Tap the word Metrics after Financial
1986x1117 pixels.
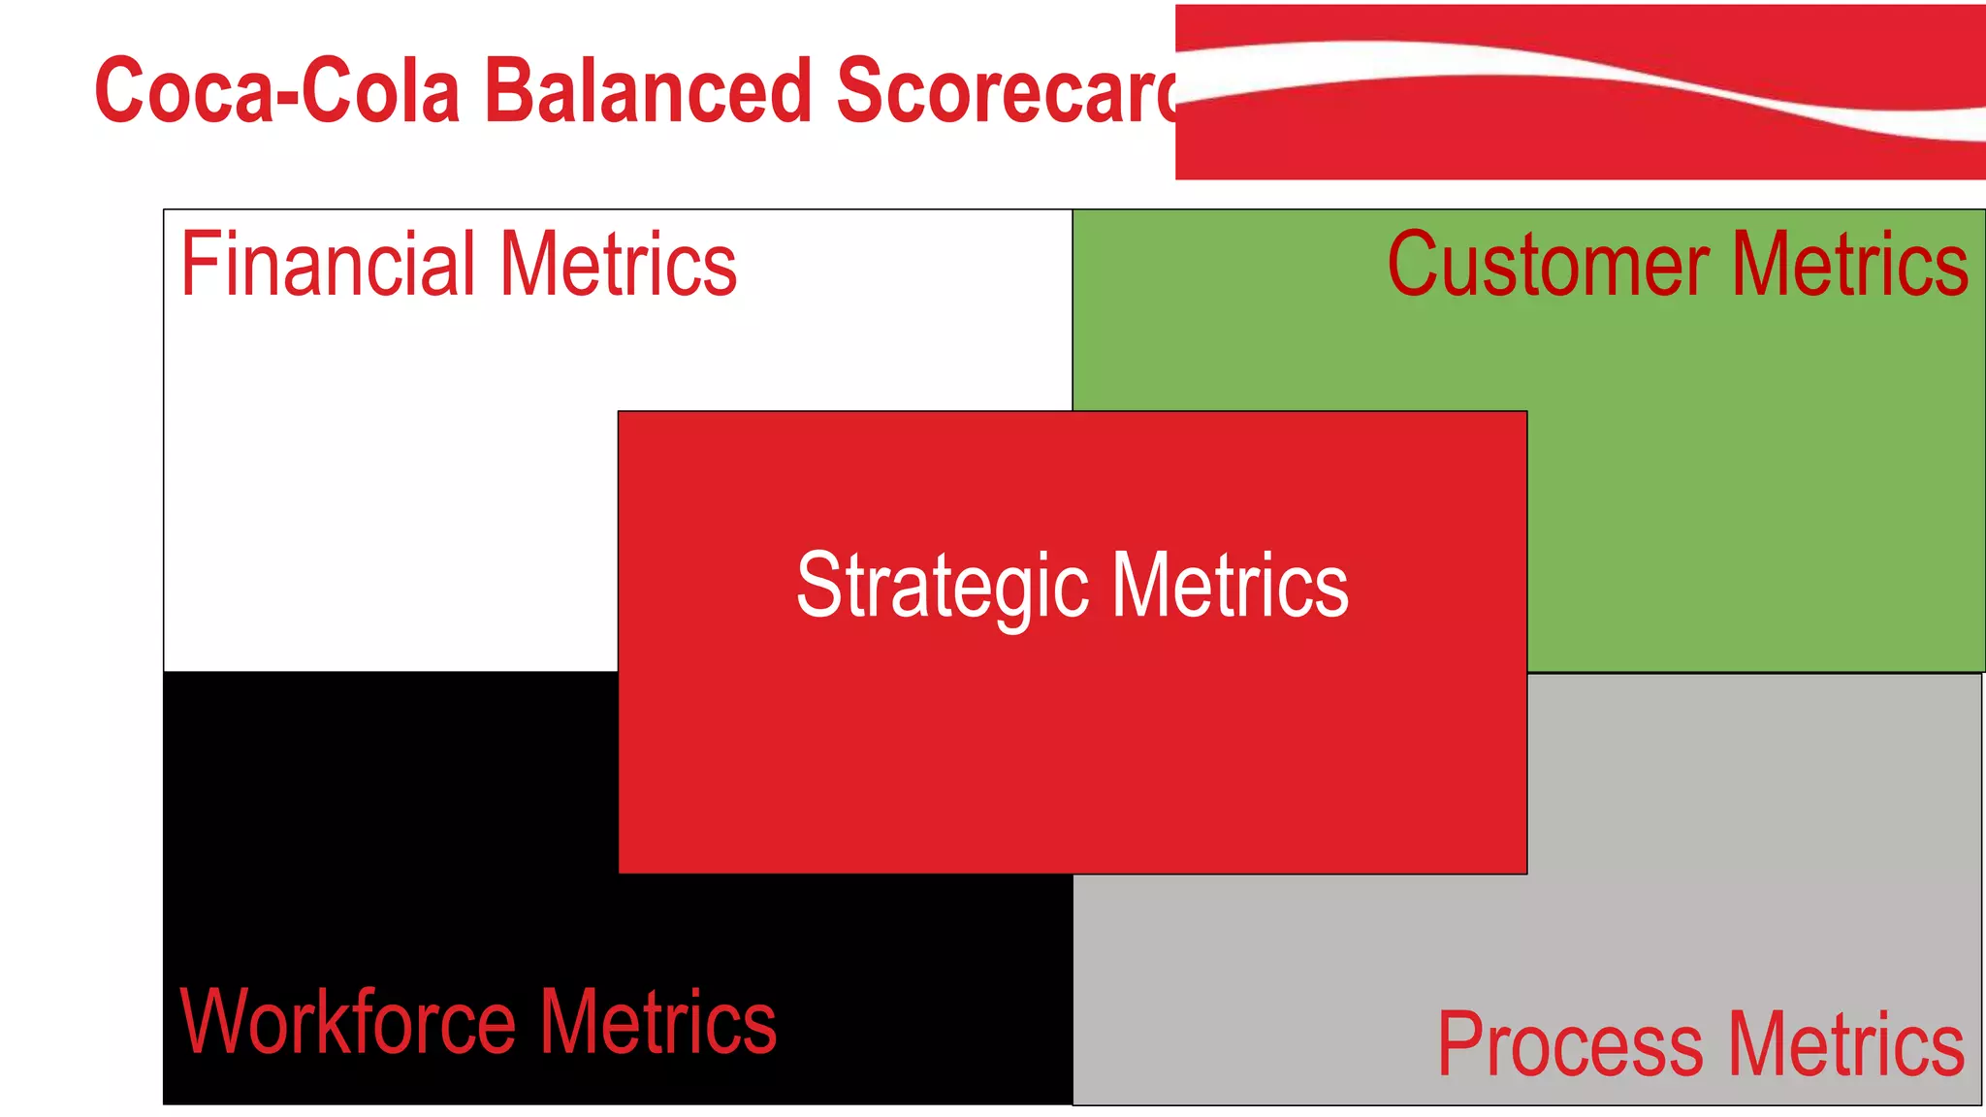coord(619,264)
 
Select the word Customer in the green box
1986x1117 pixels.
coord(1548,264)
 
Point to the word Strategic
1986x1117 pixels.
coord(943,586)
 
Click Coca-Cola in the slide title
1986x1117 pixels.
coord(276,90)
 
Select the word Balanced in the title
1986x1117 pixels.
coord(647,90)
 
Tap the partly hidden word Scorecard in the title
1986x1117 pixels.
coord(1004,90)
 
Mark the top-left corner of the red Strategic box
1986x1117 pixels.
coord(619,412)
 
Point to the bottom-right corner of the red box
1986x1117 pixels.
coord(1526,873)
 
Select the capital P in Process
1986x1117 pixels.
coord(1458,1045)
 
